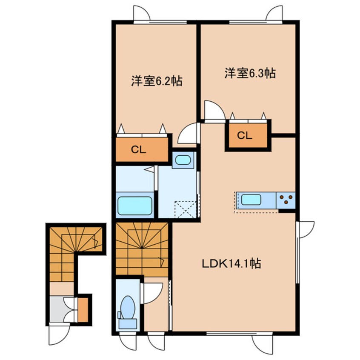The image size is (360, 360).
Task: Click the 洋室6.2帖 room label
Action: point(157,81)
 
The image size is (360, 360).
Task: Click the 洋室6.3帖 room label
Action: point(250,73)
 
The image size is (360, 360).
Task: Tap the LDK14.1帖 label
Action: point(231,263)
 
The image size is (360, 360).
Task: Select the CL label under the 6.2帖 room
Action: point(138,150)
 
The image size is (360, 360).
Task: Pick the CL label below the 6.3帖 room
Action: point(245,135)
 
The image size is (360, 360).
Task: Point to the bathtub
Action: point(135,206)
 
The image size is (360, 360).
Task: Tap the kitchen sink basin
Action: point(251,200)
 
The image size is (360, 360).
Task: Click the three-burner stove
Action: point(286,200)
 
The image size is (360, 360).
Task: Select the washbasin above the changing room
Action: point(183,160)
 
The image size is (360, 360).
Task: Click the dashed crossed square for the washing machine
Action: point(186,209)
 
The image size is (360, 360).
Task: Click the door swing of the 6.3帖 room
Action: point(214,110)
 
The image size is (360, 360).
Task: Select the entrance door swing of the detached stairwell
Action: point(59,334)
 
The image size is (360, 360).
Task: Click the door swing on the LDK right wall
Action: point(305,230)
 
